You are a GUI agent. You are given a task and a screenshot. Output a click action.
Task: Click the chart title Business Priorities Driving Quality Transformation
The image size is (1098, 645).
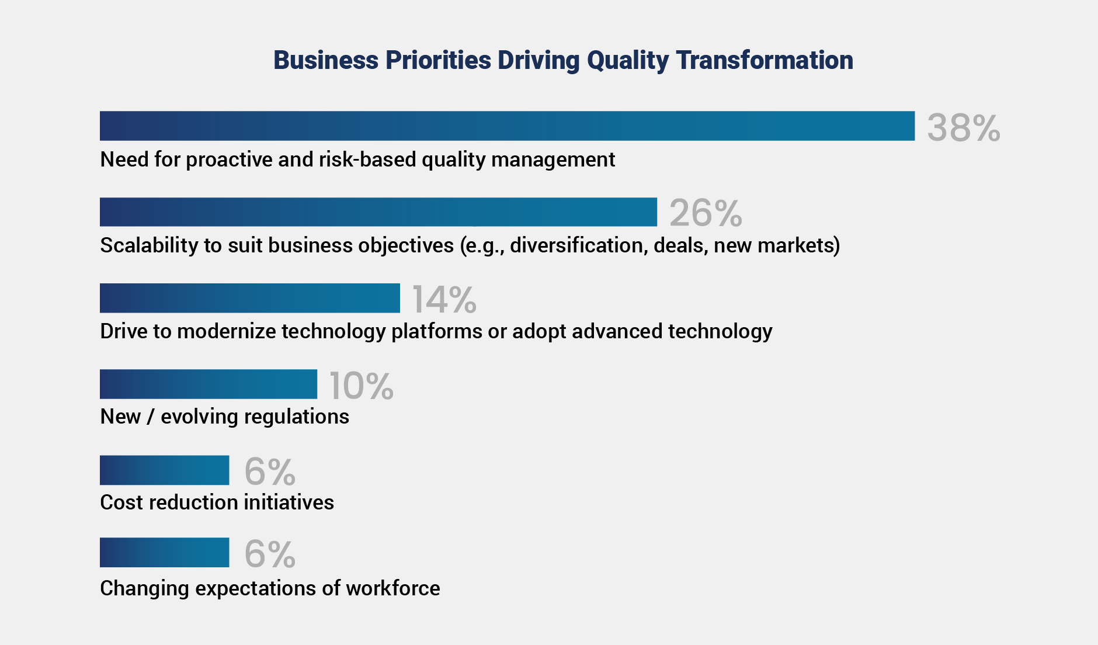[563, 60]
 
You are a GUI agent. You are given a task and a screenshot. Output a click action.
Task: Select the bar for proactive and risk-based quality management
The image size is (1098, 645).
[507, 126]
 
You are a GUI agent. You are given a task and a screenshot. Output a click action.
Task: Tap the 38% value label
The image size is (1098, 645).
[964, 127]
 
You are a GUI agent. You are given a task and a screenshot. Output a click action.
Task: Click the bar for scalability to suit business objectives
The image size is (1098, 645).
[378, 211]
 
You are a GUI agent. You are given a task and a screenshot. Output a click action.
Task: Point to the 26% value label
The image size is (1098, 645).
[706, 213]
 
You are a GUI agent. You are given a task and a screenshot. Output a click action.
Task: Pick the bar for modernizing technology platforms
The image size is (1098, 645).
[250, 298]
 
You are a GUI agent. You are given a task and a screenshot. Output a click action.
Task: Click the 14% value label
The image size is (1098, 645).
[444, 299]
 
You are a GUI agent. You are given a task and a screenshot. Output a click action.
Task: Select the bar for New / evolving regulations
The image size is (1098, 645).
[209, 384]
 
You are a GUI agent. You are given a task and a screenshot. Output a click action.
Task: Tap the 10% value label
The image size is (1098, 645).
[362, 386]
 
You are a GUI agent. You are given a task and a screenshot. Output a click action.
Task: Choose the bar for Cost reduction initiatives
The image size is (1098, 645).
[165, 470]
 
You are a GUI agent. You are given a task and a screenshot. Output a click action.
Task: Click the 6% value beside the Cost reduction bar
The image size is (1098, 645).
[270, 471]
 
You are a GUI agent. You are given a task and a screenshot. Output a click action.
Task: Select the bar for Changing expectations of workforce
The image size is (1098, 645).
[165, 552]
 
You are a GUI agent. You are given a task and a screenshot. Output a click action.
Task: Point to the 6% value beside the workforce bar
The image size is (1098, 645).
[270, 554]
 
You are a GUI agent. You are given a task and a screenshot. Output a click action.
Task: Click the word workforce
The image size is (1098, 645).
[393, 588]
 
